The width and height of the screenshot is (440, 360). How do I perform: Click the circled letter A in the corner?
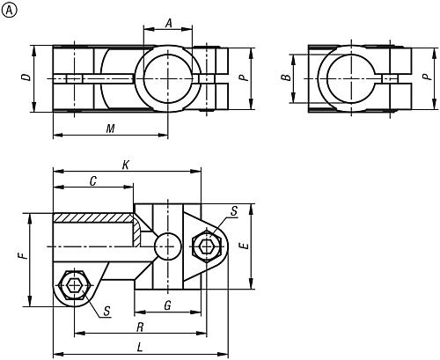(9, 9)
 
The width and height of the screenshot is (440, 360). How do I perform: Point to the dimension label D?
(27, 77)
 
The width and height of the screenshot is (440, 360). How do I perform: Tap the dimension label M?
(110, 129)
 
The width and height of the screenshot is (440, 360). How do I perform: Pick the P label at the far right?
(426, 77)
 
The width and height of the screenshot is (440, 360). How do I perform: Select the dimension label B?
(284, 77)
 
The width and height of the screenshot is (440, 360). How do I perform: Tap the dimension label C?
(92, 180)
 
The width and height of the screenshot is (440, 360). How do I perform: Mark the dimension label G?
(167, 305)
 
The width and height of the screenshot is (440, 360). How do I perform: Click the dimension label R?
(140, 325)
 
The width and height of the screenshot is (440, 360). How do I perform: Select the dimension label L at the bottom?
(141, 347)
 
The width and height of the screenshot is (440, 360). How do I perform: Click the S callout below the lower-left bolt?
(106, 309)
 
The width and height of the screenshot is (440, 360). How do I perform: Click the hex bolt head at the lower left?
(74, 286)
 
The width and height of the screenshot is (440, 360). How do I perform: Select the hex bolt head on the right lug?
(209, 245)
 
